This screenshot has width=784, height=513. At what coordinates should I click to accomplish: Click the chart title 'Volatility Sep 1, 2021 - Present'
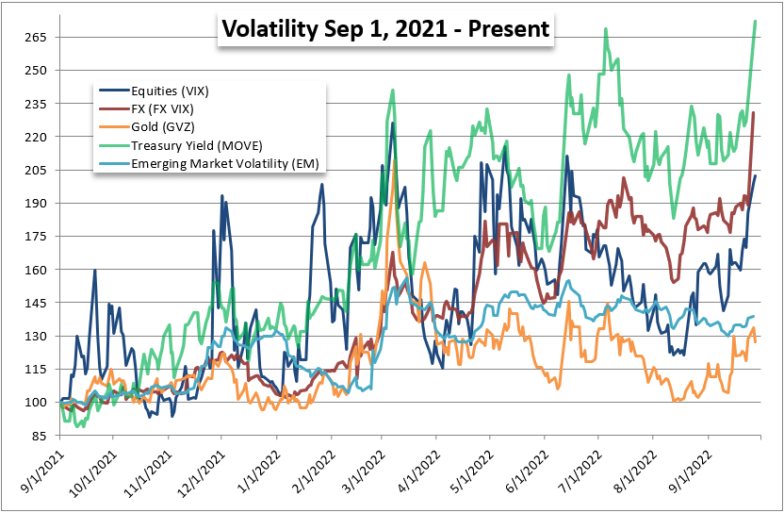pos(384,30)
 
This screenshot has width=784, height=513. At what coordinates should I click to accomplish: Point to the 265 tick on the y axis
pos(39,37)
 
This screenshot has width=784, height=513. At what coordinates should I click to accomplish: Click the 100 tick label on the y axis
pos(39,402)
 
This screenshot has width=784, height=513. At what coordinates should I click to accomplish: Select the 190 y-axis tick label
pos(39,203)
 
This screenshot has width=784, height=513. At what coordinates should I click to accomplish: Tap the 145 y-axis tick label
pos(39,303)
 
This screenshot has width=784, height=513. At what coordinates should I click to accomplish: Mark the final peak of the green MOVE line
pos(756,21)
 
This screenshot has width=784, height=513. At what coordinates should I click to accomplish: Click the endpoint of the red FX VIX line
pos(755,113)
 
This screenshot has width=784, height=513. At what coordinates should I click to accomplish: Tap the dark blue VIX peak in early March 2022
pos(392,124)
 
